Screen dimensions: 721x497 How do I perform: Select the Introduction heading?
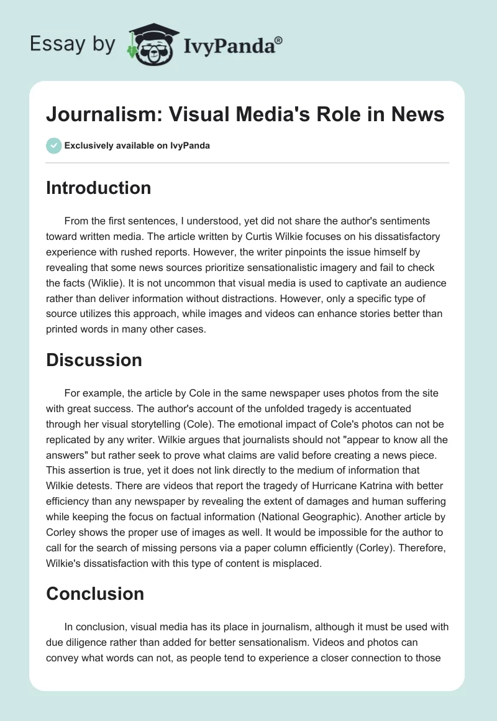pos(98,188)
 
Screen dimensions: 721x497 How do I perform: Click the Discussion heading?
pos(94,360)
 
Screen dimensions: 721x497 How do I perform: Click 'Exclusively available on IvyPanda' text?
pos(137,146)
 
